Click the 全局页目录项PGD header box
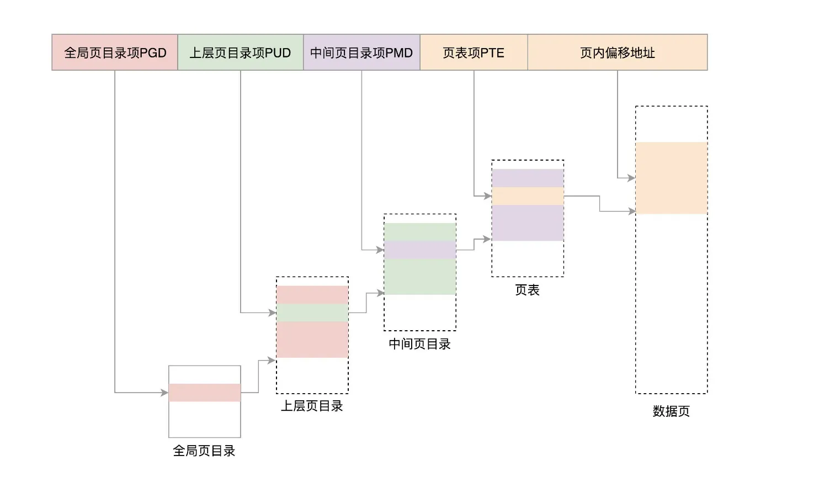click(115, 52)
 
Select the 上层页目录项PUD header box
click(240, 52)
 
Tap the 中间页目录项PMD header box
click(361, 52)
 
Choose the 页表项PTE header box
click(474, 52)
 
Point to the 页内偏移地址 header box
click(617, 52)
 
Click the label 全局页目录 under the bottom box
click(204, 451)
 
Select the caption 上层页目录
click(312, 406)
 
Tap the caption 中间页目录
click(419, 344)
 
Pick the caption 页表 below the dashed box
click(527, 290)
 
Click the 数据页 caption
click(671, 411)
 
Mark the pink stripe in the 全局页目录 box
click(204, 393)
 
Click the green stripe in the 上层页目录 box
click(312, 313)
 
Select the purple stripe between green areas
click(419, 250)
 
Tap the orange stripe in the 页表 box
click(527, 196)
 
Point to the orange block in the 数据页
click(671, 178)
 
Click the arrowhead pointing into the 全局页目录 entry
click(164, 393)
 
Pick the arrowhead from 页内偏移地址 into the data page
click(631, 178)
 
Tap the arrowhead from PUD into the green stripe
click(272, 313)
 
